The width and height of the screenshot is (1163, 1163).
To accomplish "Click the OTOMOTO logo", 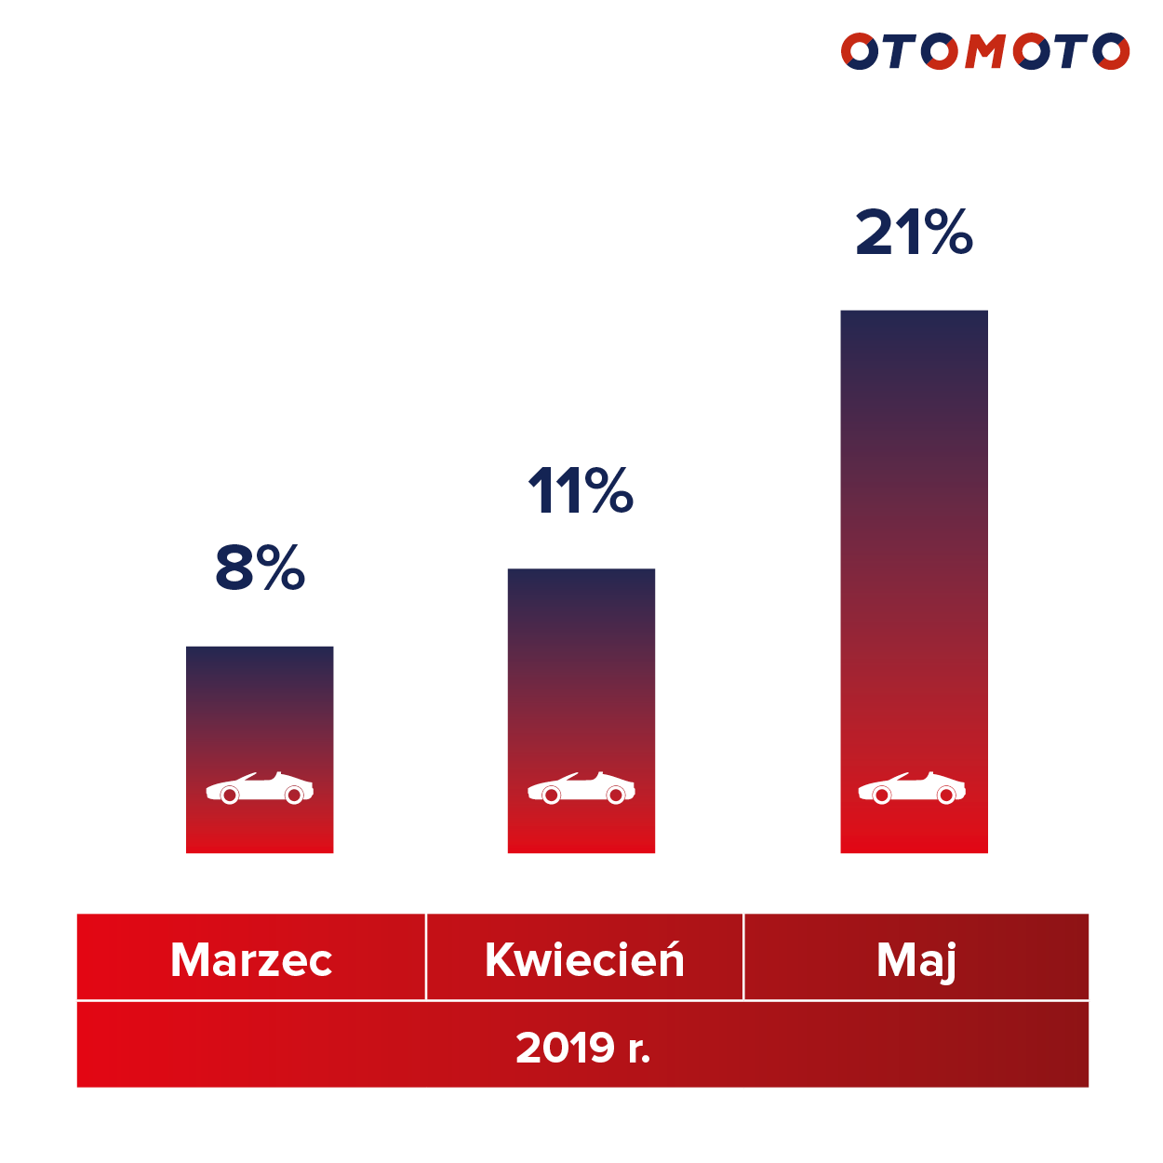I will pyautogui.click(x=984, y=52).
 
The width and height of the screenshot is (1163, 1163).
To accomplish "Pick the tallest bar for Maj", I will pyautogui.click(x=914, y=558).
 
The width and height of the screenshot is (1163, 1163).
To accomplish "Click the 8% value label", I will pyautogui.click(x=260, y=568).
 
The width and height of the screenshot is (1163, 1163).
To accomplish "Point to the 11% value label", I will pyautogui.click(x=581, y=491).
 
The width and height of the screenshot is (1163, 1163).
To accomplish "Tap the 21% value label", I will pyautogui.click(x=914, y=233).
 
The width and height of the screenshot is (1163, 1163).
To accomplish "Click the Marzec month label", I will pyautogui.click(x=251, y=959).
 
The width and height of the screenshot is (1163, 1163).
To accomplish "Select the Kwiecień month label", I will pyautogui.click(x=584, y=959).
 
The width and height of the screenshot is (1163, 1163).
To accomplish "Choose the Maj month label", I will pyautogui.click(x=916, y=960).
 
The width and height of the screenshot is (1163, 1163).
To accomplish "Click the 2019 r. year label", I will pyautogui.click(x=582, y=1048).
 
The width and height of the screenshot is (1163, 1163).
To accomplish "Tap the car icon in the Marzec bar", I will pyautogui.click(x=260, y=788).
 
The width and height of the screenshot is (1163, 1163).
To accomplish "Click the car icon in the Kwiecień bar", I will pyautogui.click(x=581, y=788).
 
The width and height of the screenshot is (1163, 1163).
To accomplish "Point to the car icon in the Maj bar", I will pyautogui.click(x=912, y=788).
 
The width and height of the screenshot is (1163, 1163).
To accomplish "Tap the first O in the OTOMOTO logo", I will pyautogui.click(x=860, y=52).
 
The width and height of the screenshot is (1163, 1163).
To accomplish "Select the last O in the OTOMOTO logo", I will pyautogui.click(x=1111, y=52).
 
